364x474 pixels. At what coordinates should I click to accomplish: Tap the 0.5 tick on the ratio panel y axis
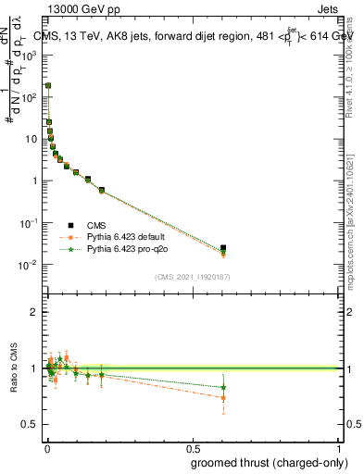tap(30, 424)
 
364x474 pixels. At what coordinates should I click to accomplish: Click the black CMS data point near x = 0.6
tap(223, 248)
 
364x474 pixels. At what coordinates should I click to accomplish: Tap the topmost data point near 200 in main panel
tap(47, 85)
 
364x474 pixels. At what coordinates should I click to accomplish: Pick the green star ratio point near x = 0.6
tap(223, 388)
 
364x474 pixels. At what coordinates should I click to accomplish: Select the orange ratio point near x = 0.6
tap(223, 398)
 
